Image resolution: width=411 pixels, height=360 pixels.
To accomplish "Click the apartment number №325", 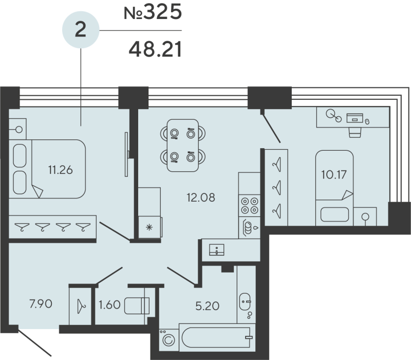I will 153,13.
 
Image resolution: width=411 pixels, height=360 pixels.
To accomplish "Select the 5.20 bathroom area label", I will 208,306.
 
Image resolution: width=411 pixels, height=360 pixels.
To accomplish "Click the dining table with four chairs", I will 182,145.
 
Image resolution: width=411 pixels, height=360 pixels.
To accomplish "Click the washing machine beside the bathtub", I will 168,338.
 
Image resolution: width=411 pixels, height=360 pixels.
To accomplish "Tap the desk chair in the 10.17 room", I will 355,132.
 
